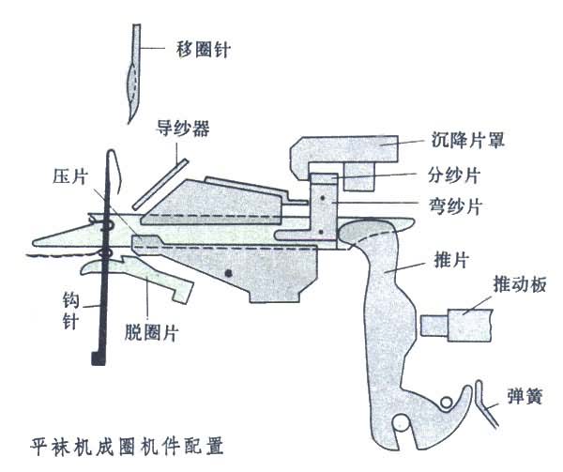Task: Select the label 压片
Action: (x=71, y=175)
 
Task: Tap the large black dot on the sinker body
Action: (x=229, y=272)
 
